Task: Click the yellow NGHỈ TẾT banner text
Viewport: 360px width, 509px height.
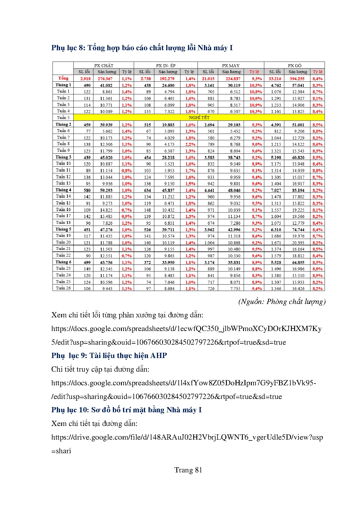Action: click(199, 118)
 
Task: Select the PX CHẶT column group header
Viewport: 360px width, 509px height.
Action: click(104, 65)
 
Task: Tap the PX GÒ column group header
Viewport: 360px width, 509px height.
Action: click(294, 65)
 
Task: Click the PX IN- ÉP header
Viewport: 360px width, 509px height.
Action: click(166, 65)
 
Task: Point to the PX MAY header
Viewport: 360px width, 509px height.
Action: click(231, 65)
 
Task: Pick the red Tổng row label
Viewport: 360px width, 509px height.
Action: click(63, 78)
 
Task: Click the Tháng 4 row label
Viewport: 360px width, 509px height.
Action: click(63, 190)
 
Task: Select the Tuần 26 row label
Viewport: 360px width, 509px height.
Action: click(63, 288)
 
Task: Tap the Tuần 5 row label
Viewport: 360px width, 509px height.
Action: click(63, 118)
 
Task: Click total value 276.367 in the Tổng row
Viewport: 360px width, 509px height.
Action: click(105, 79)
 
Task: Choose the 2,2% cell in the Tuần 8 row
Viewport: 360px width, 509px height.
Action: click(190, 144)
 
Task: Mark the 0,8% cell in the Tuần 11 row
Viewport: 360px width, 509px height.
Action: click(127, 171)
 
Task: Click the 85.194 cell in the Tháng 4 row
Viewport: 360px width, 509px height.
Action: click(298, 190)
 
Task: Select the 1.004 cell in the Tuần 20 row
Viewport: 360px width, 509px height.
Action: click(209, 243)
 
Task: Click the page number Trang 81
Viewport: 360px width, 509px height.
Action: click(188, 470)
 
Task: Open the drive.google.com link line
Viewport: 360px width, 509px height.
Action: click(187, 437)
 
